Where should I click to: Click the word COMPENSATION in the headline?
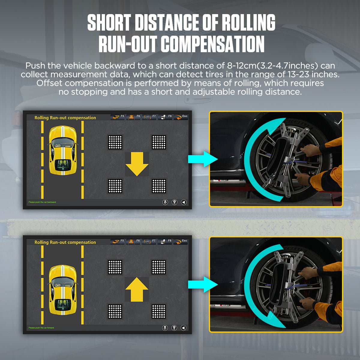click(x=212, y=44)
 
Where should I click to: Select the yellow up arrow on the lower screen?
click(x=137, y=289)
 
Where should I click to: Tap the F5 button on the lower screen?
click(x=118, y=241)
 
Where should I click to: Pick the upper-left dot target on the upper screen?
click(x=115, y=142)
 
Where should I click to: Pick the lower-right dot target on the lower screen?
click(x=158, y=311)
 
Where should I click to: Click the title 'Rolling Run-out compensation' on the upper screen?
click(x=65, y=118)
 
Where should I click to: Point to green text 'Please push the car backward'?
click(x=42, y=202)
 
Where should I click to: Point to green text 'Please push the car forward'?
click(x=41, y=328)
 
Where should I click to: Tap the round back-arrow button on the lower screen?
click(x=184, y=328)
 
